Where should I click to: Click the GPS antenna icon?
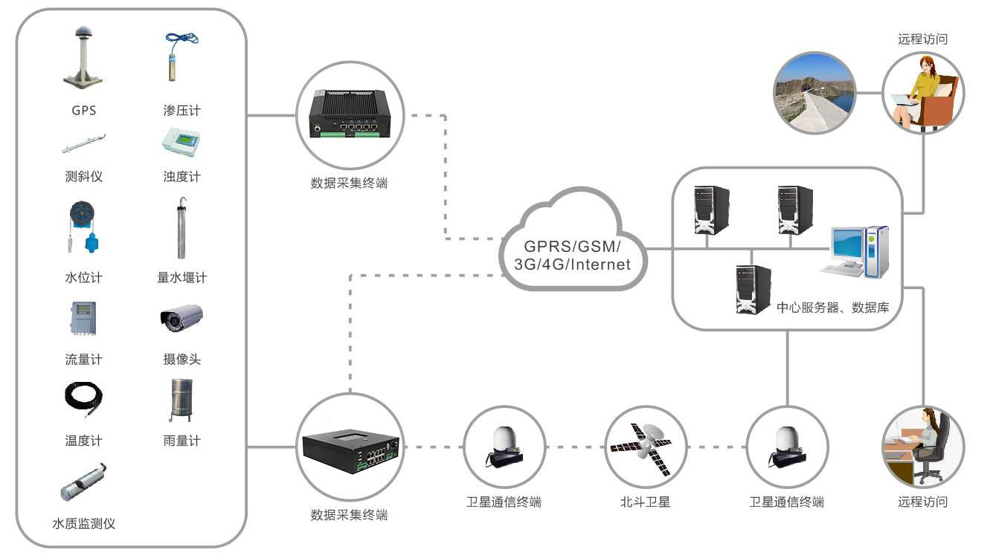(x=83, y=59)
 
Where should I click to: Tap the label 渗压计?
(x=182, y=111)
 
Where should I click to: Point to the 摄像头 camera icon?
(x=181, y=318)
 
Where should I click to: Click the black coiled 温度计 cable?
(x=83, y=400)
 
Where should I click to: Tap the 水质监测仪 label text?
(x=83, y=523)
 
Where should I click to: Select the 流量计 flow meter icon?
(x=83, y=319)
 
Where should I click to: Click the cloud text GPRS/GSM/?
(x=571, y=247)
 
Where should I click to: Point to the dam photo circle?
(x=814, y=92)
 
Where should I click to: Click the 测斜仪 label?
(x=83, y=177)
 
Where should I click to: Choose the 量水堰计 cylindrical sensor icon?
(x=181, y=228)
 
